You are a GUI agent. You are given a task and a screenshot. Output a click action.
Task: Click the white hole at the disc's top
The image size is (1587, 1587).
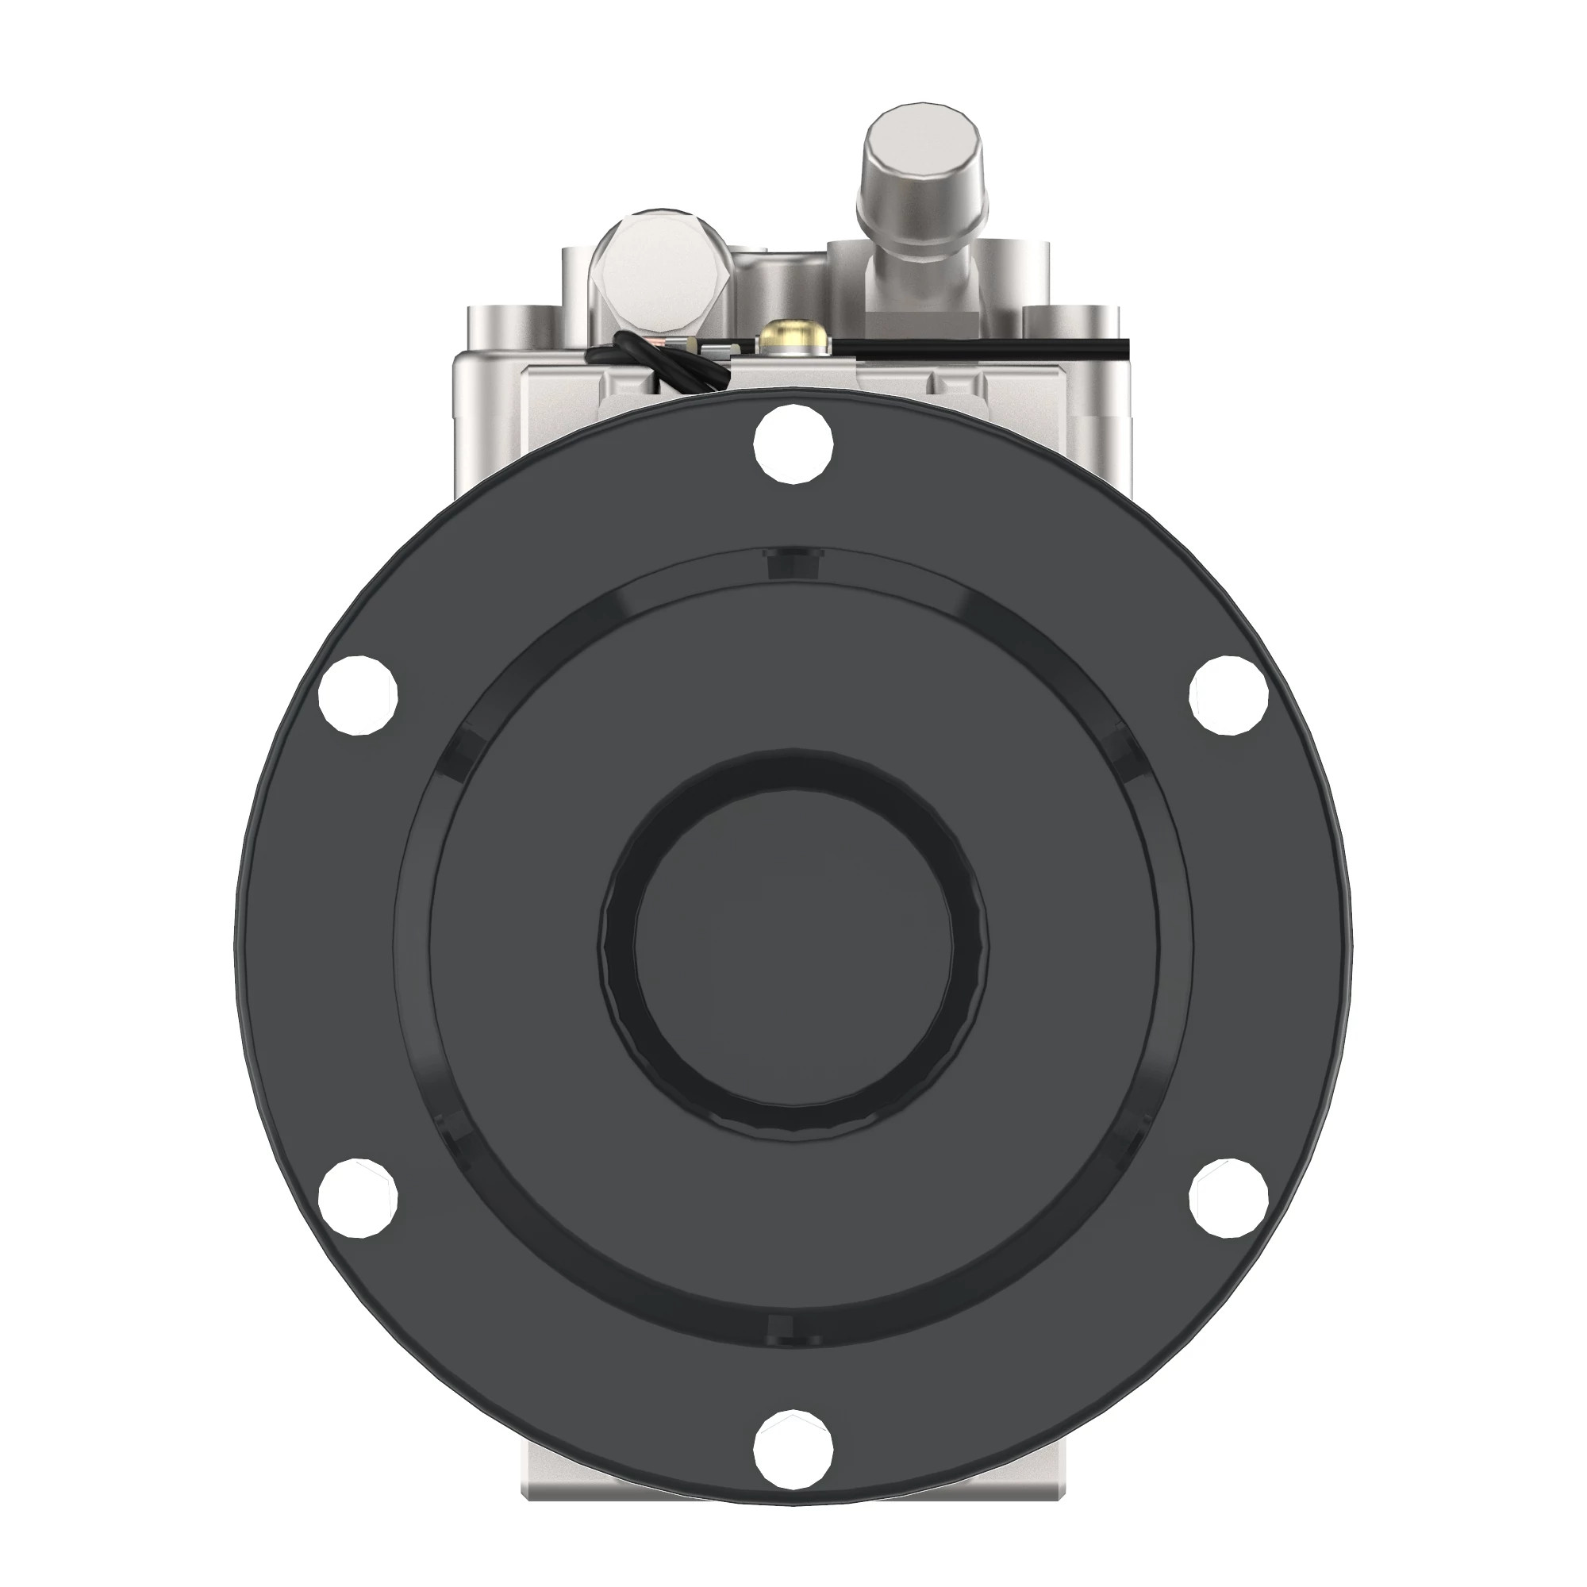[793, 444]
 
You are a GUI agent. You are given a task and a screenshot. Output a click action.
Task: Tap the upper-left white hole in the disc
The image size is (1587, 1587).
[357, 695]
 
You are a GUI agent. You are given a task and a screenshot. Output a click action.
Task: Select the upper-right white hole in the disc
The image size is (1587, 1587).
[1229, 695]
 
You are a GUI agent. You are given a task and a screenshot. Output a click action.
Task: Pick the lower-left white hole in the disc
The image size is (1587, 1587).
[357, 1198]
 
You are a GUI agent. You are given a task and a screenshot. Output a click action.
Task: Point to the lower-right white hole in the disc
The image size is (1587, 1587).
[1229, 1198]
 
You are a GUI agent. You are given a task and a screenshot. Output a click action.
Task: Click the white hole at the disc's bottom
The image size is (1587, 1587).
[793, 1450]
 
